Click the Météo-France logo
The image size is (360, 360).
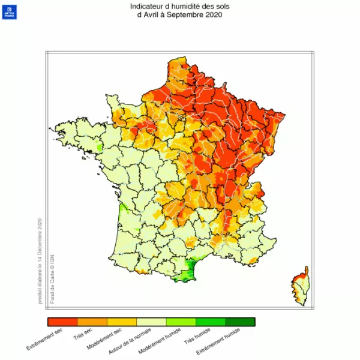(10, 12)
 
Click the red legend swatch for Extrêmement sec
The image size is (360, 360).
(62, 322)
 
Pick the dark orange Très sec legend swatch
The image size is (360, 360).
(92, 322)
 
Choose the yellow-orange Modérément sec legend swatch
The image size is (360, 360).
(121, 322)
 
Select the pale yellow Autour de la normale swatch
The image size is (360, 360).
(151, 322)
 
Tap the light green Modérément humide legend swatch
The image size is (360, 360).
(181, 322)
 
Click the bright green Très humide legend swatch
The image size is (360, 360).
(211, 322)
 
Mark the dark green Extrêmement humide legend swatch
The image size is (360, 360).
(240, 322)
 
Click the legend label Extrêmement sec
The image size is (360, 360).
(46, 340)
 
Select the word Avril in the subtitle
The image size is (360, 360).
(154, 15)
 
